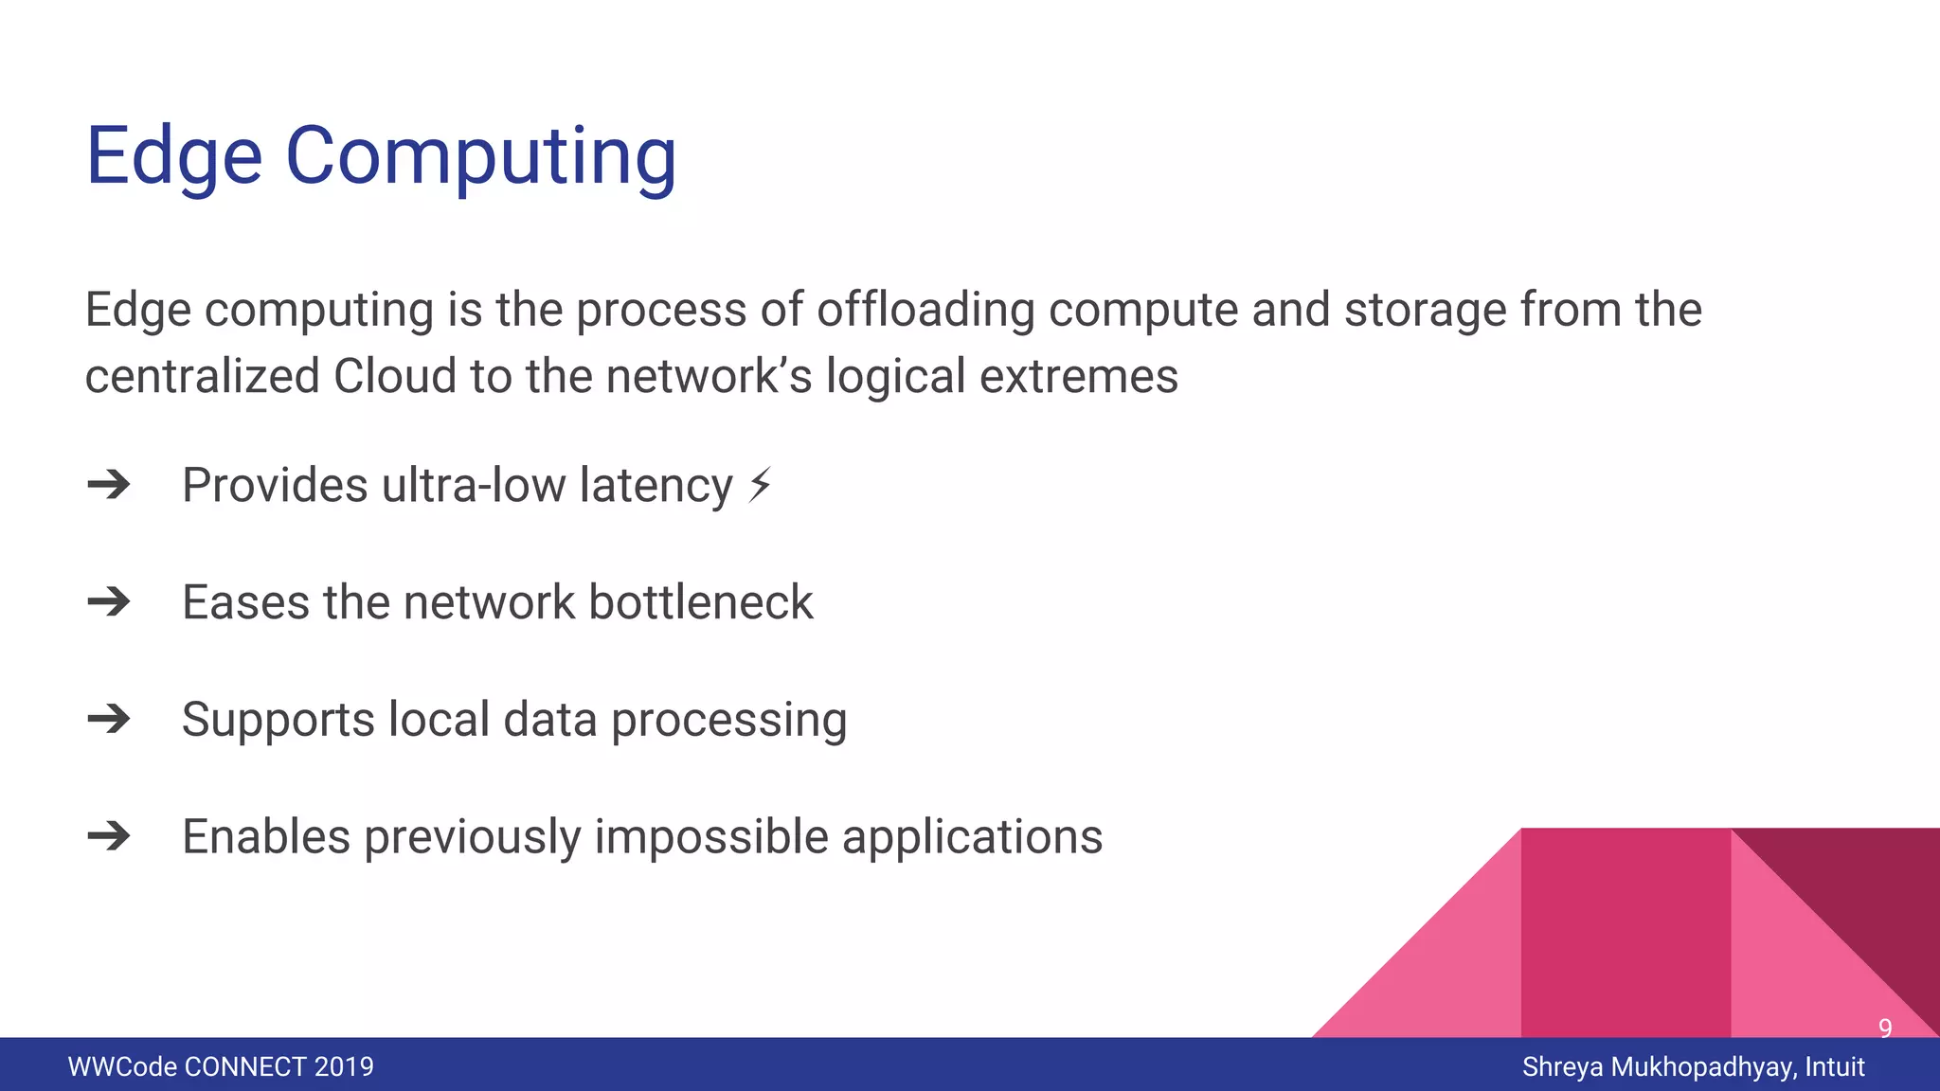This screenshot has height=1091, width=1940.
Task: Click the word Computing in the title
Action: (x=481, y=156)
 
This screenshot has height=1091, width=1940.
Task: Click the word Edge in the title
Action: (x=173, y=156)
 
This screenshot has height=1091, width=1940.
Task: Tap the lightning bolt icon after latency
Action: (x=760, y=485)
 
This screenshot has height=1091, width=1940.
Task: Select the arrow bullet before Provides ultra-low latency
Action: (x=109, y=485)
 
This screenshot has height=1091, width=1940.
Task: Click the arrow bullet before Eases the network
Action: (x=109, y=602)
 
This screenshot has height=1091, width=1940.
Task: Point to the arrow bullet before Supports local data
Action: (x=109, y=720)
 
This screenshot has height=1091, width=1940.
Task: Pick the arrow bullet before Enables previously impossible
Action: (x=109, y=836)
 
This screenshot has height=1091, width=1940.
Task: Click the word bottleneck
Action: (x=701, y=602)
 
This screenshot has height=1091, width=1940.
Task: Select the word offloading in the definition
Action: (x=925, y=310)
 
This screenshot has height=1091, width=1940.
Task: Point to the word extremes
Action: (x=1079, y=376)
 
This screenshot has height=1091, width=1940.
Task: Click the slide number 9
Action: (x=1885, y=1028)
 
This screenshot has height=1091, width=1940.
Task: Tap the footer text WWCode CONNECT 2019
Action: (x=221, y=1066)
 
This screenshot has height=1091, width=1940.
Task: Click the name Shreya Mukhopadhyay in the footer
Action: (x=1657, y=1066)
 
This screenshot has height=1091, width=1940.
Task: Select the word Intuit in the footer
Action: (x=1835, y=1066)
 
